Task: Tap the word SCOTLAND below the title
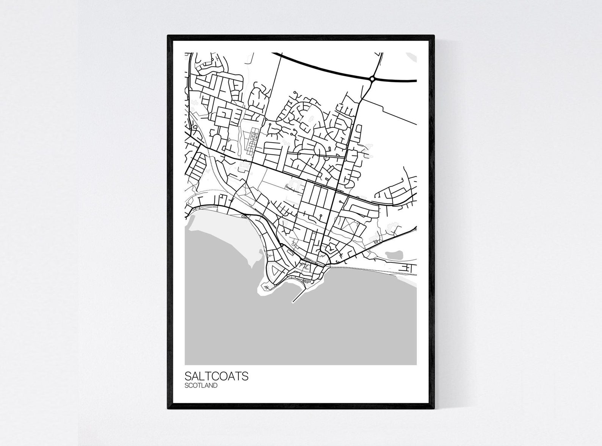[201, 386]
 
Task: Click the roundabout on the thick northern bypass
[372, 79]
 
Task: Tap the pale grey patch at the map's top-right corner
[412, 57]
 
